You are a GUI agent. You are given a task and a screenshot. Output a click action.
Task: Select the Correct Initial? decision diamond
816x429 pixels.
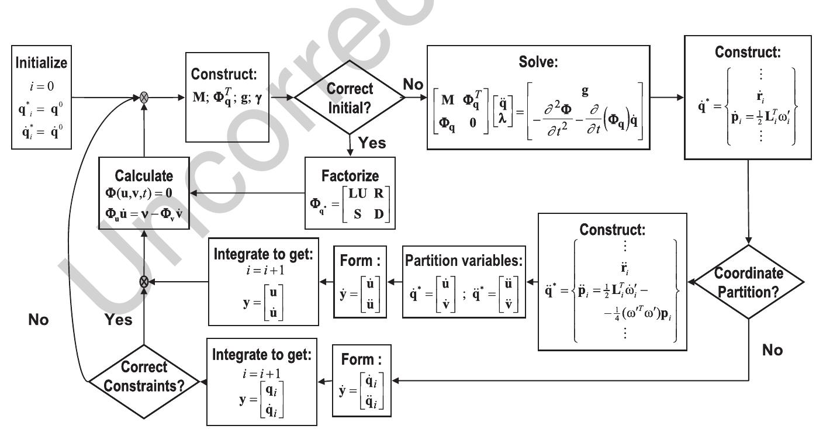(x=350, y=98)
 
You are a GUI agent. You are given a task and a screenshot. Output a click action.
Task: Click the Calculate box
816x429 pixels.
(x=144, y=193)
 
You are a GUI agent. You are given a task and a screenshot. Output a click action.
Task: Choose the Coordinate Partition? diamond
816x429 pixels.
(x=751, y=281)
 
